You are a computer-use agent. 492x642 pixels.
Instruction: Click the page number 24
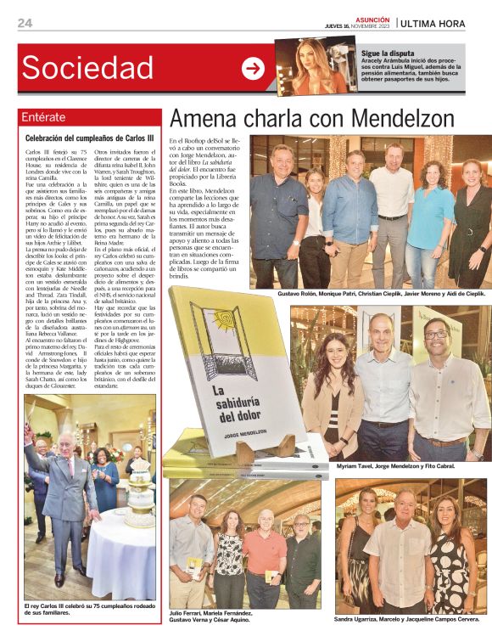pos(25,23)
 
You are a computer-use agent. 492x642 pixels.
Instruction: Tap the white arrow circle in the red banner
pos(253,68)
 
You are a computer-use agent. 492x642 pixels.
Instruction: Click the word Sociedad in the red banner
pos(87,68)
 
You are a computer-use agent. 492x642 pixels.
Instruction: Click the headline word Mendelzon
pos(405,117)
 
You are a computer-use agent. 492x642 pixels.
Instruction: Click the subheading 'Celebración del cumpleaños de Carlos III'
pos(90,137)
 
